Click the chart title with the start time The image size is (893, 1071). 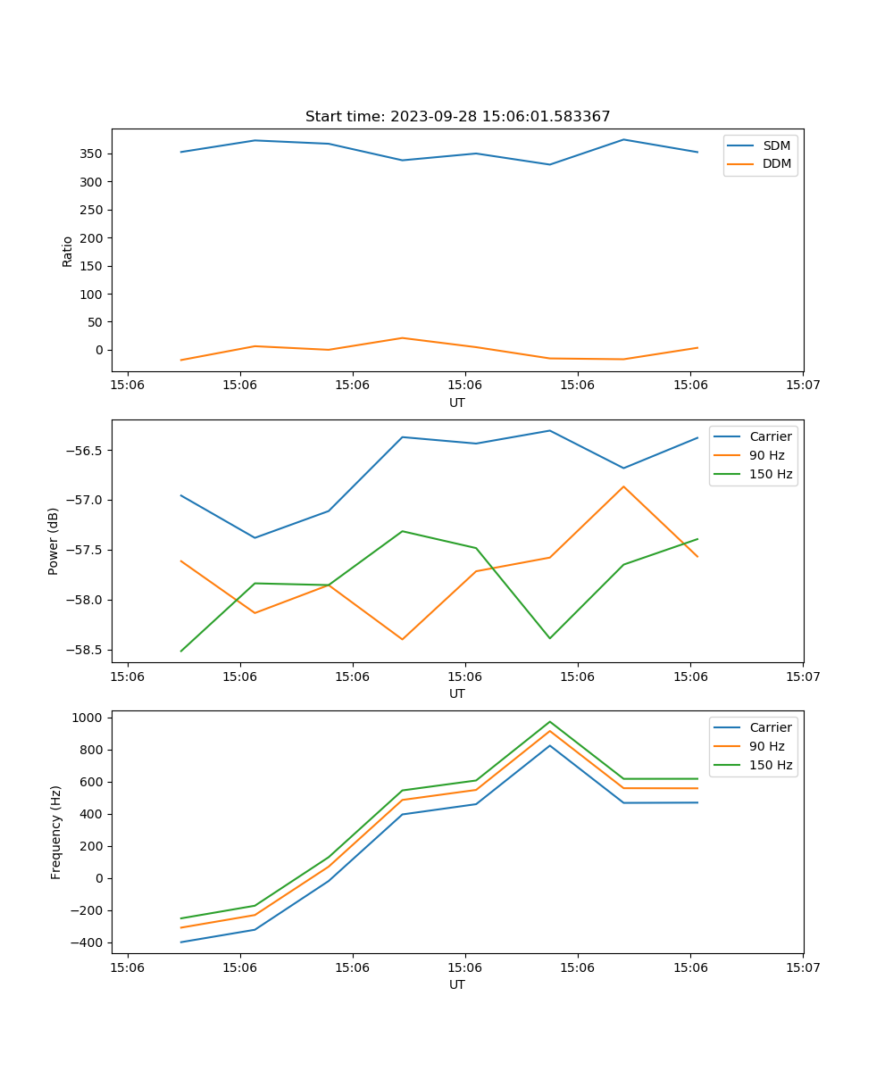457,117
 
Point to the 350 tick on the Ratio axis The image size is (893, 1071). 92,154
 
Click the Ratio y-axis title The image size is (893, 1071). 68,251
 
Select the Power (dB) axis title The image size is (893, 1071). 54,541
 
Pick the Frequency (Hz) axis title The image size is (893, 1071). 56,832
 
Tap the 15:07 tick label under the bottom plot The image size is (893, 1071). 803,967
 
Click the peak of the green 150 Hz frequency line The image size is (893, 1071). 549,722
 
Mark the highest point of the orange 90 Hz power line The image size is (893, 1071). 623,486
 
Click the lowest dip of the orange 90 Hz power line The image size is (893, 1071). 402,639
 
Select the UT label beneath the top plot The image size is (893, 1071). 457,403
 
